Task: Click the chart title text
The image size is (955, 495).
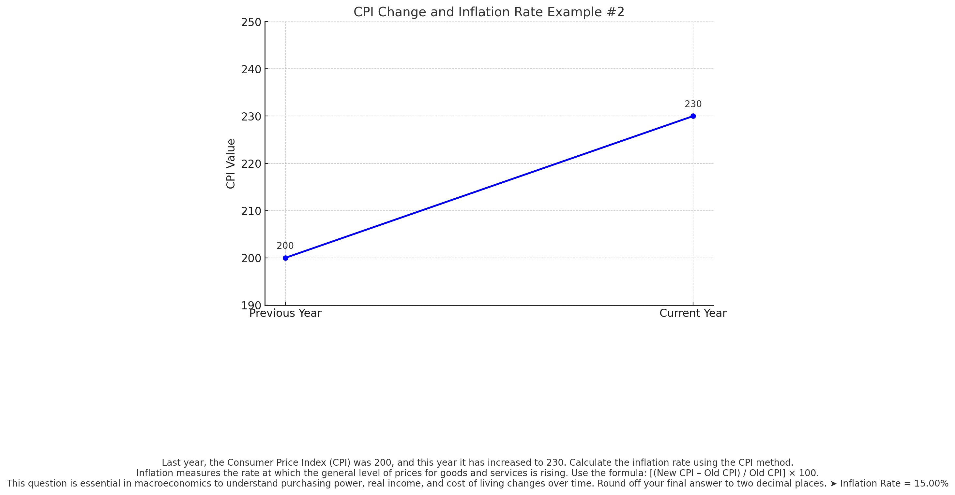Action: [x=489, y=12]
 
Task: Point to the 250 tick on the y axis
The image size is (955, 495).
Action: [x=251, y=22]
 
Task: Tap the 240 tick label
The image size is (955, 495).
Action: [x=251, y=70]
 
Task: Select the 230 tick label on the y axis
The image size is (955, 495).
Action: [x=251, y=117]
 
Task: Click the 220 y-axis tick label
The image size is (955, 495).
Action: [x=251, y=164]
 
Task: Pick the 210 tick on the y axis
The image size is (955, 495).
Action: [x=251, y=211]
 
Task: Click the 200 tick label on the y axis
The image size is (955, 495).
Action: [x=251, y=259]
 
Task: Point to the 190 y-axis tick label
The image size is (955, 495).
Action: [x=251, y=306]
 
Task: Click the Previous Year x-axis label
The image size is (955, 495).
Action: [x=285, y=314]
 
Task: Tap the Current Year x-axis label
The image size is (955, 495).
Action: [x=692, y=314]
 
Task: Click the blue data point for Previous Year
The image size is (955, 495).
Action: [x=285, y=258]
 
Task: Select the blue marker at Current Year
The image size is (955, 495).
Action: [x=693, y=116]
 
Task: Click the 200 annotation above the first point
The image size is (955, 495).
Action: [x=285, y=246]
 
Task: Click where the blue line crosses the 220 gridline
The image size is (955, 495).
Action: [x=557, y=163]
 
